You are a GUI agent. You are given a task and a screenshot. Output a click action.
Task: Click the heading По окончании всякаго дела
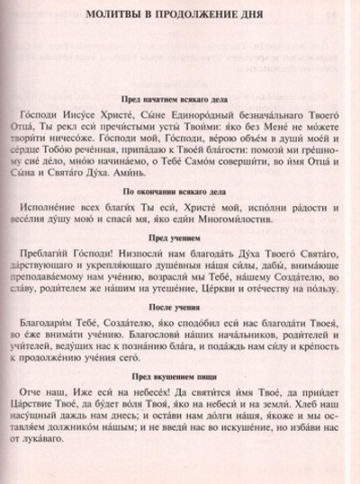[x=179, y=191]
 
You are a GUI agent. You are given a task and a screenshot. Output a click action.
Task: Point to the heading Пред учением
[x=179, y=237]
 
